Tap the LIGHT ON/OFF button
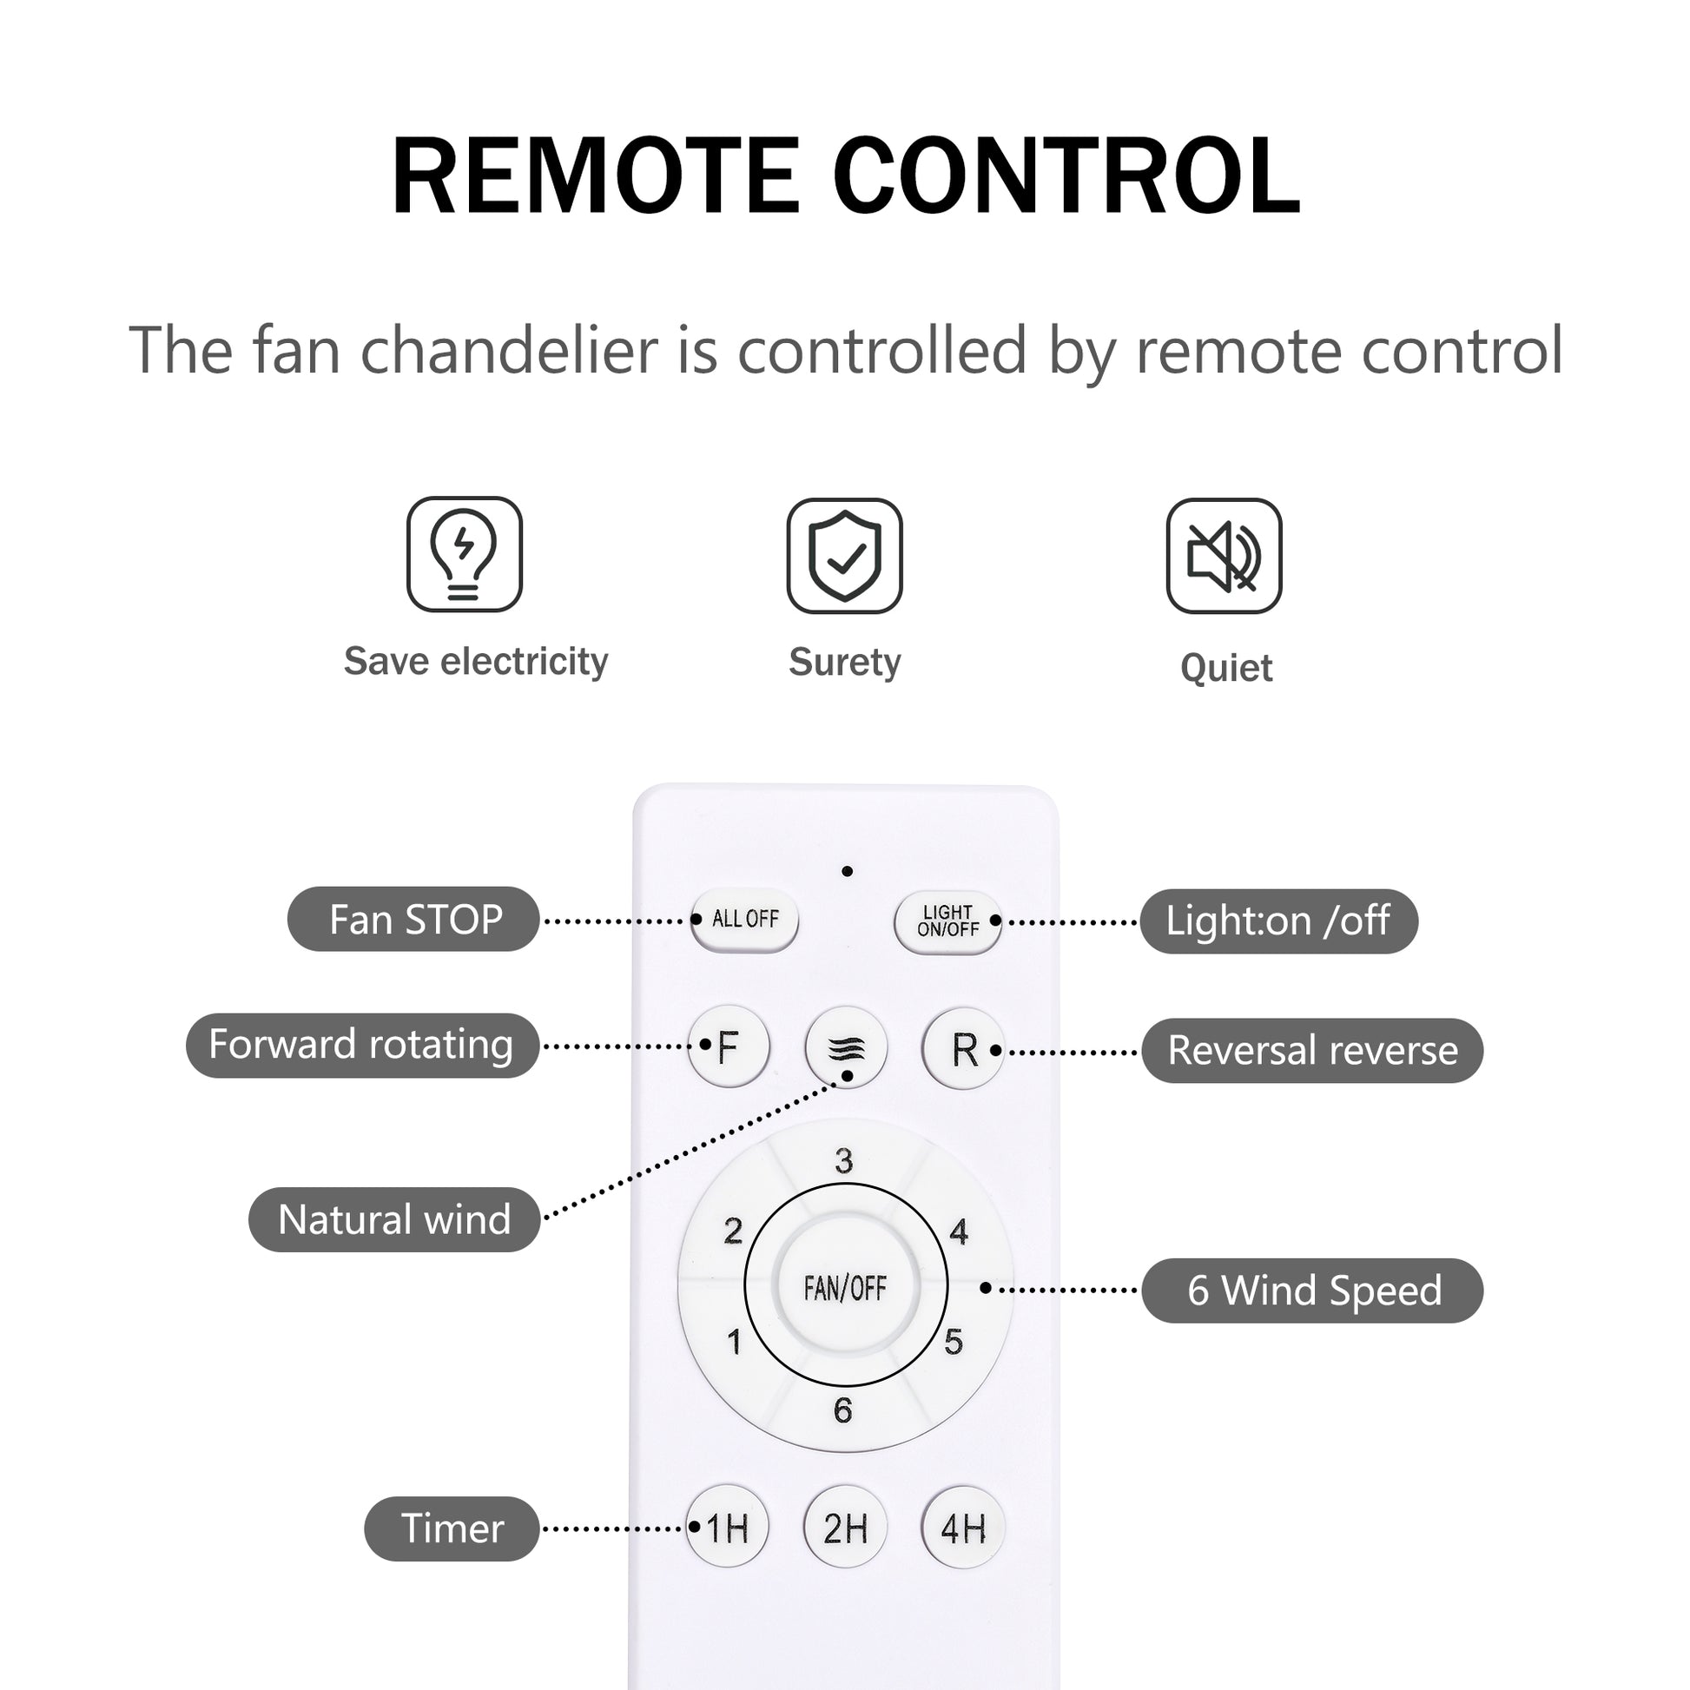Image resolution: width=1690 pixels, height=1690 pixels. tap(947, 921)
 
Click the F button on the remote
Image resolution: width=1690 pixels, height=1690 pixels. tap(729, 1047)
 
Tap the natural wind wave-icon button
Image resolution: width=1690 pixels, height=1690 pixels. tap(846, 1047)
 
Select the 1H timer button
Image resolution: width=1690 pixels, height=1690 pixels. tap(727, 1528)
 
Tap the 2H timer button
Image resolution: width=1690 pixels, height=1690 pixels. tap(845, 1528)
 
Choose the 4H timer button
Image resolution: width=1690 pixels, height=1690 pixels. tap(963, 1528)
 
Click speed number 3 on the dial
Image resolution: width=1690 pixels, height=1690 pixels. tap(843, 1161)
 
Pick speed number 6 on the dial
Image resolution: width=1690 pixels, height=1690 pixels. tap(842, 1411)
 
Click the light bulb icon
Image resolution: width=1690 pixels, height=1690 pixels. tap(464, 555)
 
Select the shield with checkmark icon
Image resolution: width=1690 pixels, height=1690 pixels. tap(844, 557)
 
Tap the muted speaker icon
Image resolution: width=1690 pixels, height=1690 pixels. tap(1224, 557)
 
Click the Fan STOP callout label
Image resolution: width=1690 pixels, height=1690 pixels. tap(413, 920)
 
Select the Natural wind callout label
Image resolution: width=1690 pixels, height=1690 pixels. tap(393, 1219)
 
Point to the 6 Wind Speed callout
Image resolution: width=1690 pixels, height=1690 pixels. tap(1312, 1291)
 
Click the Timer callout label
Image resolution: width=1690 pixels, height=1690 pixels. tap(452, 1529)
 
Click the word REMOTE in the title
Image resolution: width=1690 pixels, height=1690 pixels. tap(595, 176)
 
